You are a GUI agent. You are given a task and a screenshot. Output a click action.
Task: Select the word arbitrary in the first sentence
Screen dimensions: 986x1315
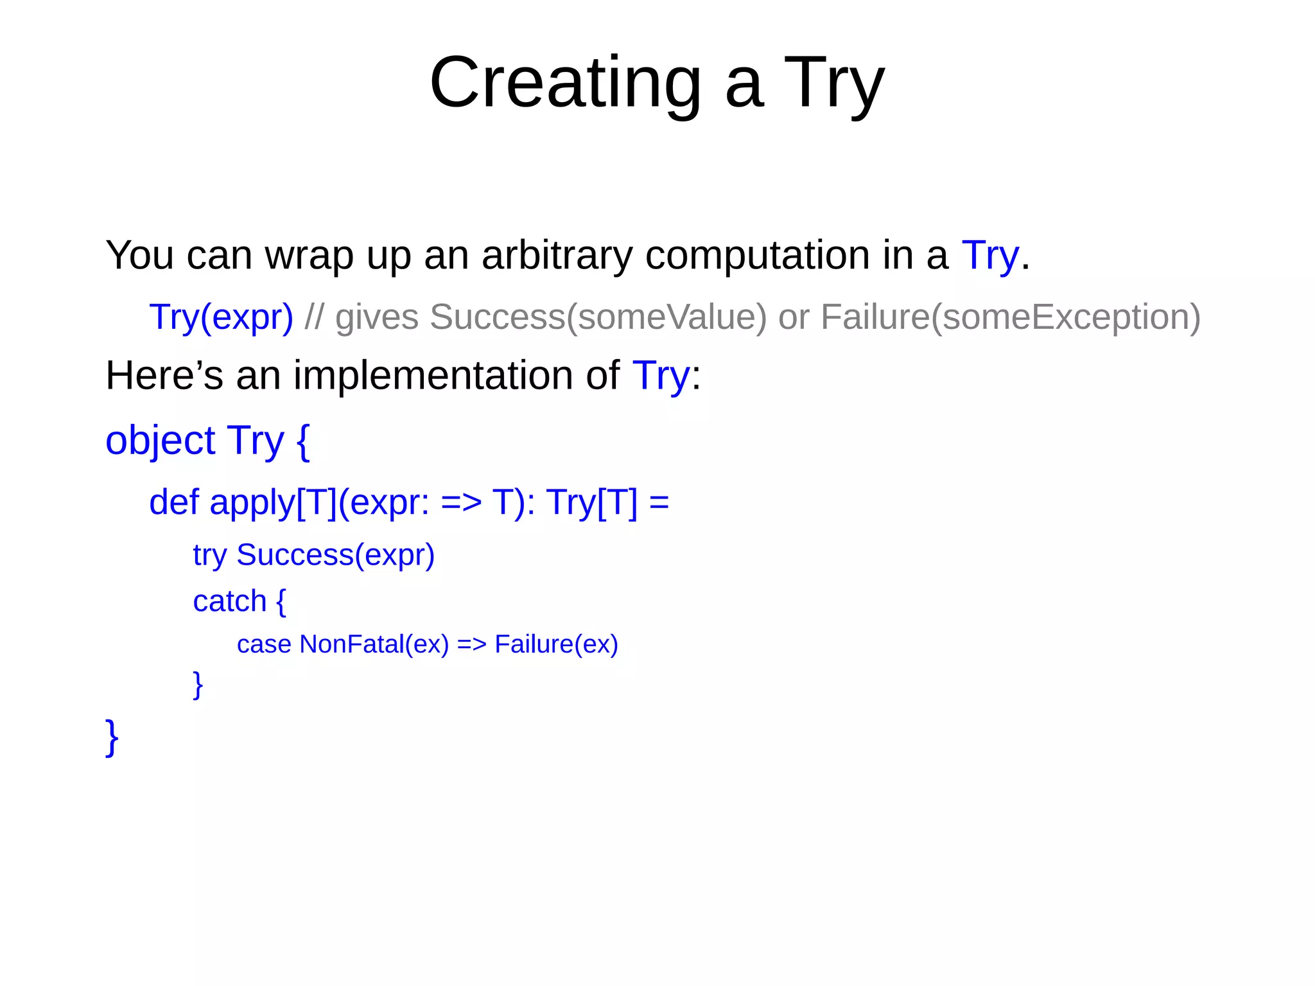point(556,255)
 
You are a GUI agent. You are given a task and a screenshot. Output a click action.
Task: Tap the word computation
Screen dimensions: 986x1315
point(757,255)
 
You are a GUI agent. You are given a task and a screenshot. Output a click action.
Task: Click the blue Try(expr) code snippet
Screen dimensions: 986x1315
point(221,317)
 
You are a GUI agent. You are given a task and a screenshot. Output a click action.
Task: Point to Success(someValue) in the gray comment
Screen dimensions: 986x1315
point(598,317)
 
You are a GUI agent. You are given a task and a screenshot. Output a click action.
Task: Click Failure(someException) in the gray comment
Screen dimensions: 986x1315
point(1010,317)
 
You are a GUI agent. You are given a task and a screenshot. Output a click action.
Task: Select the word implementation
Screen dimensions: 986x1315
point(433,375)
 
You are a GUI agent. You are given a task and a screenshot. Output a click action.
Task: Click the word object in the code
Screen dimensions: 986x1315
point(160,441)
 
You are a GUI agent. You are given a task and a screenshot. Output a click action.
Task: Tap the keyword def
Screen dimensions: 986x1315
point(173,502)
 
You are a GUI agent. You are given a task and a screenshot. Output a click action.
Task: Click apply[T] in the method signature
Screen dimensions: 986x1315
point(273,502)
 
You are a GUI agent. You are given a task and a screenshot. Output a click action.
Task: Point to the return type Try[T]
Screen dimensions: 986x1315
point(591,502)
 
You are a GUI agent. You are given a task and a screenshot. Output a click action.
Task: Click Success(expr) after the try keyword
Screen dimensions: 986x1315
point(335,555)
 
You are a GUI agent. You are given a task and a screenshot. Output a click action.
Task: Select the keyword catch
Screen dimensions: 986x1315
point(229,601)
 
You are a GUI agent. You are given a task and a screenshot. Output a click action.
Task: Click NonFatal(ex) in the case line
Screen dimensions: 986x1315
point(374,644)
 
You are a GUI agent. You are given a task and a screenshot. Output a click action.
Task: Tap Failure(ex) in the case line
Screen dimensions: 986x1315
point(556,644)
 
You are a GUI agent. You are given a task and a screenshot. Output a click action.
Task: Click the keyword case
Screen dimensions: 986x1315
point(264,644)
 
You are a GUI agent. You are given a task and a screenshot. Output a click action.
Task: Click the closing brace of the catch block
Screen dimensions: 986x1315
point(198,684)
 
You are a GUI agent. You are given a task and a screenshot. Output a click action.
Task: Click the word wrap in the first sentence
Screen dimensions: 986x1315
point(309,255)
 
